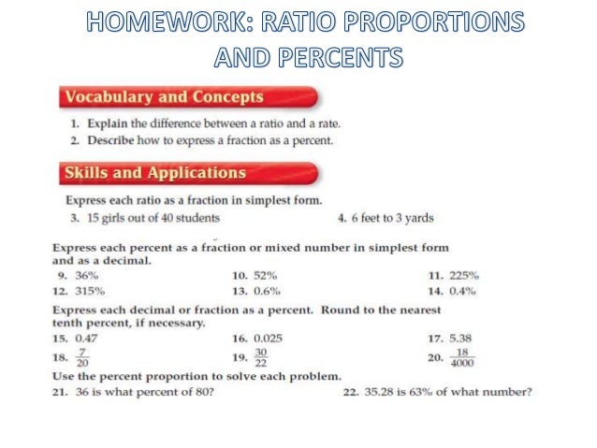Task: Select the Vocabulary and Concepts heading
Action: pyautogui.click(x=163, y=97)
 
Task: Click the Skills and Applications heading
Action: pyautogui.click(x=154, y=173)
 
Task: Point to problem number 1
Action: pyautogui.click(x=74, y=123)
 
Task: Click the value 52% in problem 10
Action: pyautogui.click(x=266, y=276)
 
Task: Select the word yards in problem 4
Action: pyautogui.click(x=417, y=218)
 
